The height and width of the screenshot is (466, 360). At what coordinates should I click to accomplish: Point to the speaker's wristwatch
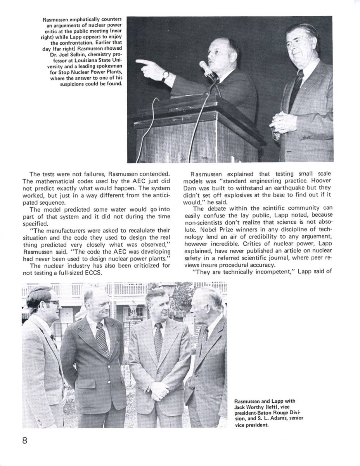(x=165, y=75)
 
